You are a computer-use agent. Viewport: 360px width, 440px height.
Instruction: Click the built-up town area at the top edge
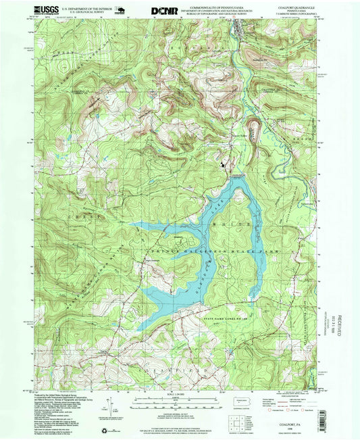tap(241, 26)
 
